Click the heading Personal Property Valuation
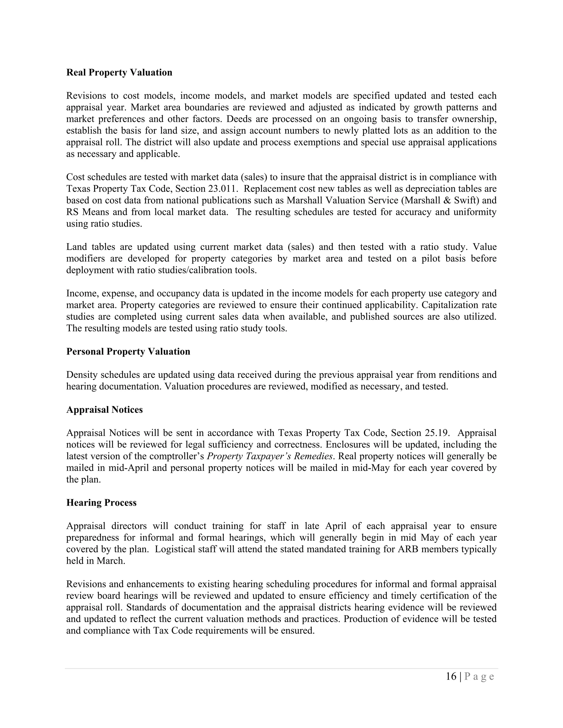[x=128, y=351]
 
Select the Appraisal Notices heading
[x=104, y=409]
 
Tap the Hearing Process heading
[x=101, y=502]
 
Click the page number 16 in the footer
[x=451, y=676]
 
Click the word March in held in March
[x=111, y=561]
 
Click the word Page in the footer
[x=479, y=676]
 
